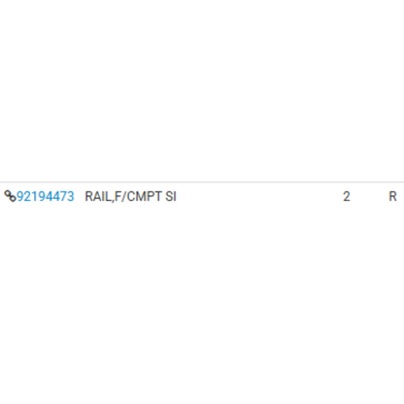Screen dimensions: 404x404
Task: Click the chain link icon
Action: (10, 196)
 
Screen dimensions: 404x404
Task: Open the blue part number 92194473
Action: (46, 196)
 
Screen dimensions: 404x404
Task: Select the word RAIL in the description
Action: (97, 196)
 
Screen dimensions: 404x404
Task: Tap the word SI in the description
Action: (171, 196)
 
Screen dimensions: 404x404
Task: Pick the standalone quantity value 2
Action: (347, 196)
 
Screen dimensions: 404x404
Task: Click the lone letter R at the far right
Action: (392, 196)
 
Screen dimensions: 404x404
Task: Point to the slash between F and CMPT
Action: (124, 196)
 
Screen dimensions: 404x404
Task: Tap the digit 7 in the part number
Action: (63, 196)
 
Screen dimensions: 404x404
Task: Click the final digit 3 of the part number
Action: (70, 196)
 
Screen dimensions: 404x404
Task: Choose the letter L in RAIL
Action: (107, 196)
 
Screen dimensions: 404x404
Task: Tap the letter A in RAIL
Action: (96, 196)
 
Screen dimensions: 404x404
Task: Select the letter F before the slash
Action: (118, 196)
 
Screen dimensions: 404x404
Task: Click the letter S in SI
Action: (169, 196)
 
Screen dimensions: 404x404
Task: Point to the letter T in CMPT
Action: (158, 196)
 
